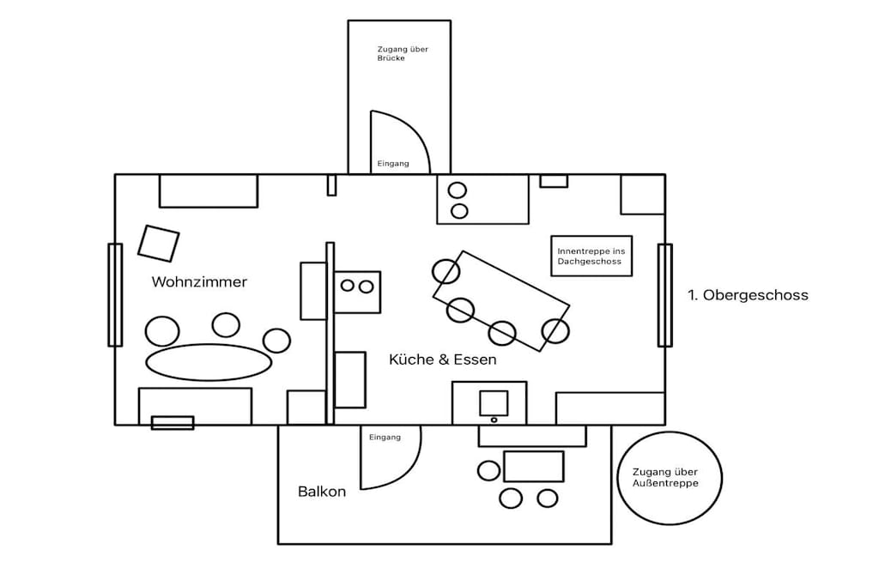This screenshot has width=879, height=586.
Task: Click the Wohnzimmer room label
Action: click(x=199, y=281)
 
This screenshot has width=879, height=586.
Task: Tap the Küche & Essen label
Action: click(x=443, y=359)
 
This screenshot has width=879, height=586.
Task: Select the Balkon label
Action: click(x=322, y=492)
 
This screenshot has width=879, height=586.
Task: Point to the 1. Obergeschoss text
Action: click(x=748, y=295)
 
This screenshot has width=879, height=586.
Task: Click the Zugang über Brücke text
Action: click(x=403, y=53)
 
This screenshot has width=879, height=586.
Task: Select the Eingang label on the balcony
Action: click(x=385, y=437)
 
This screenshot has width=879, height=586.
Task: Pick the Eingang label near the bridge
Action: click(x=393, y=164)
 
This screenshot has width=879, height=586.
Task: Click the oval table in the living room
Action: click(x=209, y=362)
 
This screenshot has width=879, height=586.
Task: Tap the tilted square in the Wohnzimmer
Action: click(x=159, y=243)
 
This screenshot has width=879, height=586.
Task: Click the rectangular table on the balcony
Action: click(x=534, y=466)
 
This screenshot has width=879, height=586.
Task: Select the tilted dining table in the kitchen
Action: click(x=501, y=301)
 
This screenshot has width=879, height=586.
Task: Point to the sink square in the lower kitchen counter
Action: click(x=494, y=403)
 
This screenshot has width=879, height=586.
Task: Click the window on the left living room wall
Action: click(x=115, y=294)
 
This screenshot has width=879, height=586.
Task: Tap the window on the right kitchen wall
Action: click(x=665, y=294)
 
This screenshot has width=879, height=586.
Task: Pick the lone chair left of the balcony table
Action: click(x=488, y=470)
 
